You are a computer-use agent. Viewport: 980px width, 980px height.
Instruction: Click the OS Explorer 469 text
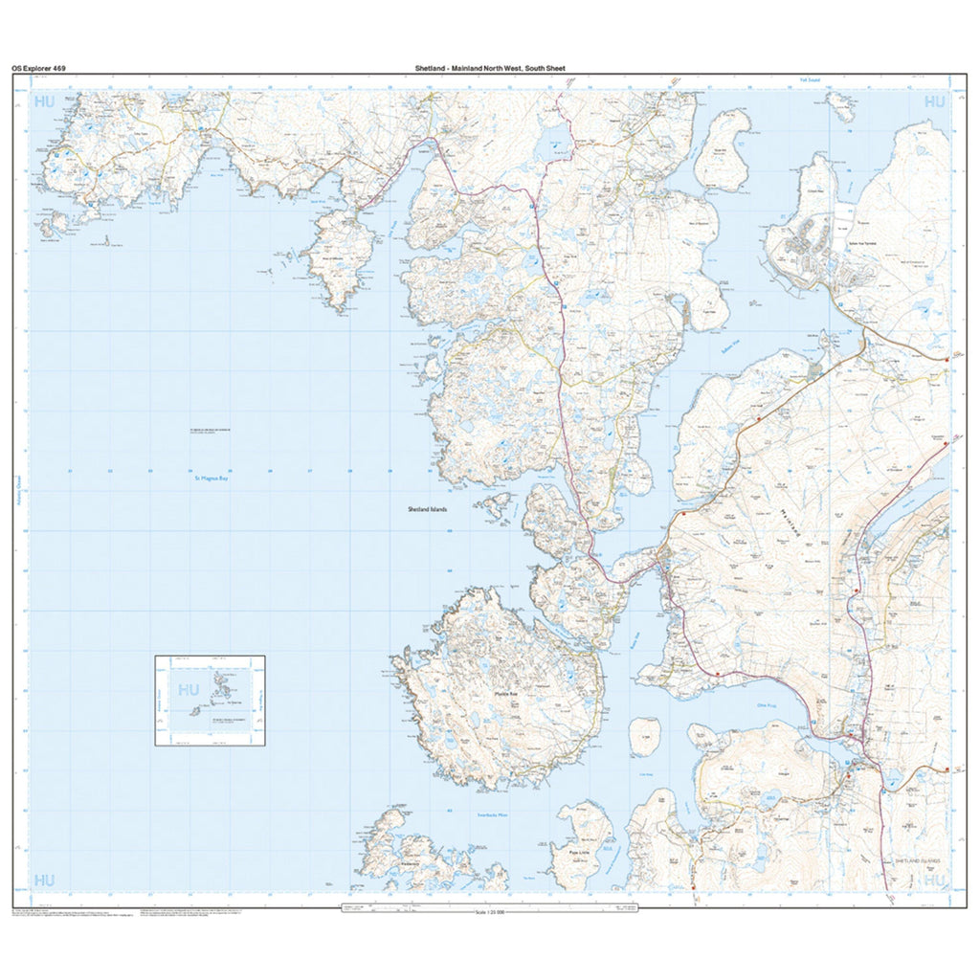[x=39, y=69]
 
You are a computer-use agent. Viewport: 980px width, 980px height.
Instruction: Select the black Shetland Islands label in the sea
[x=428, y=510]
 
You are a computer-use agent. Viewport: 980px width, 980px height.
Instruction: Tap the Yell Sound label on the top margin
[x=811, y=80]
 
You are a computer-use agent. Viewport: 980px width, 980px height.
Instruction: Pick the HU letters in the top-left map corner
[x=45, y=100]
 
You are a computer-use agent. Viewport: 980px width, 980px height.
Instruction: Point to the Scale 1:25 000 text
[x=494, y=912]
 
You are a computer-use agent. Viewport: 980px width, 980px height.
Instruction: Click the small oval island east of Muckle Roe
[x=645, y=738]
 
